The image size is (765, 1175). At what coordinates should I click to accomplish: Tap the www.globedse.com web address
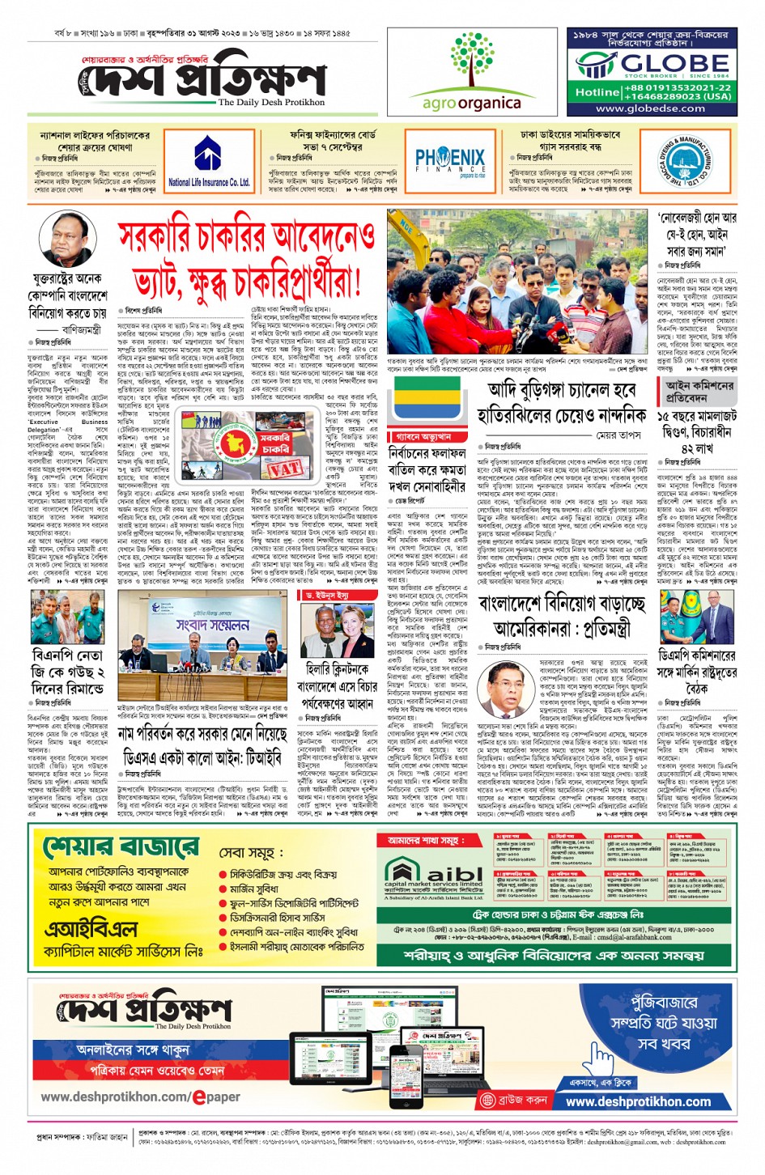651,108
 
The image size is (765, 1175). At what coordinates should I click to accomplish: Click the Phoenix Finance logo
449,160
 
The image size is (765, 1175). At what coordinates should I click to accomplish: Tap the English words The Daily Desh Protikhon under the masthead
271,103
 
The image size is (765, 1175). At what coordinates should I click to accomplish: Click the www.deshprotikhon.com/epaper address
141,1097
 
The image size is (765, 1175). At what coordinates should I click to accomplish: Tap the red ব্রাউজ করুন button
513,1101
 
